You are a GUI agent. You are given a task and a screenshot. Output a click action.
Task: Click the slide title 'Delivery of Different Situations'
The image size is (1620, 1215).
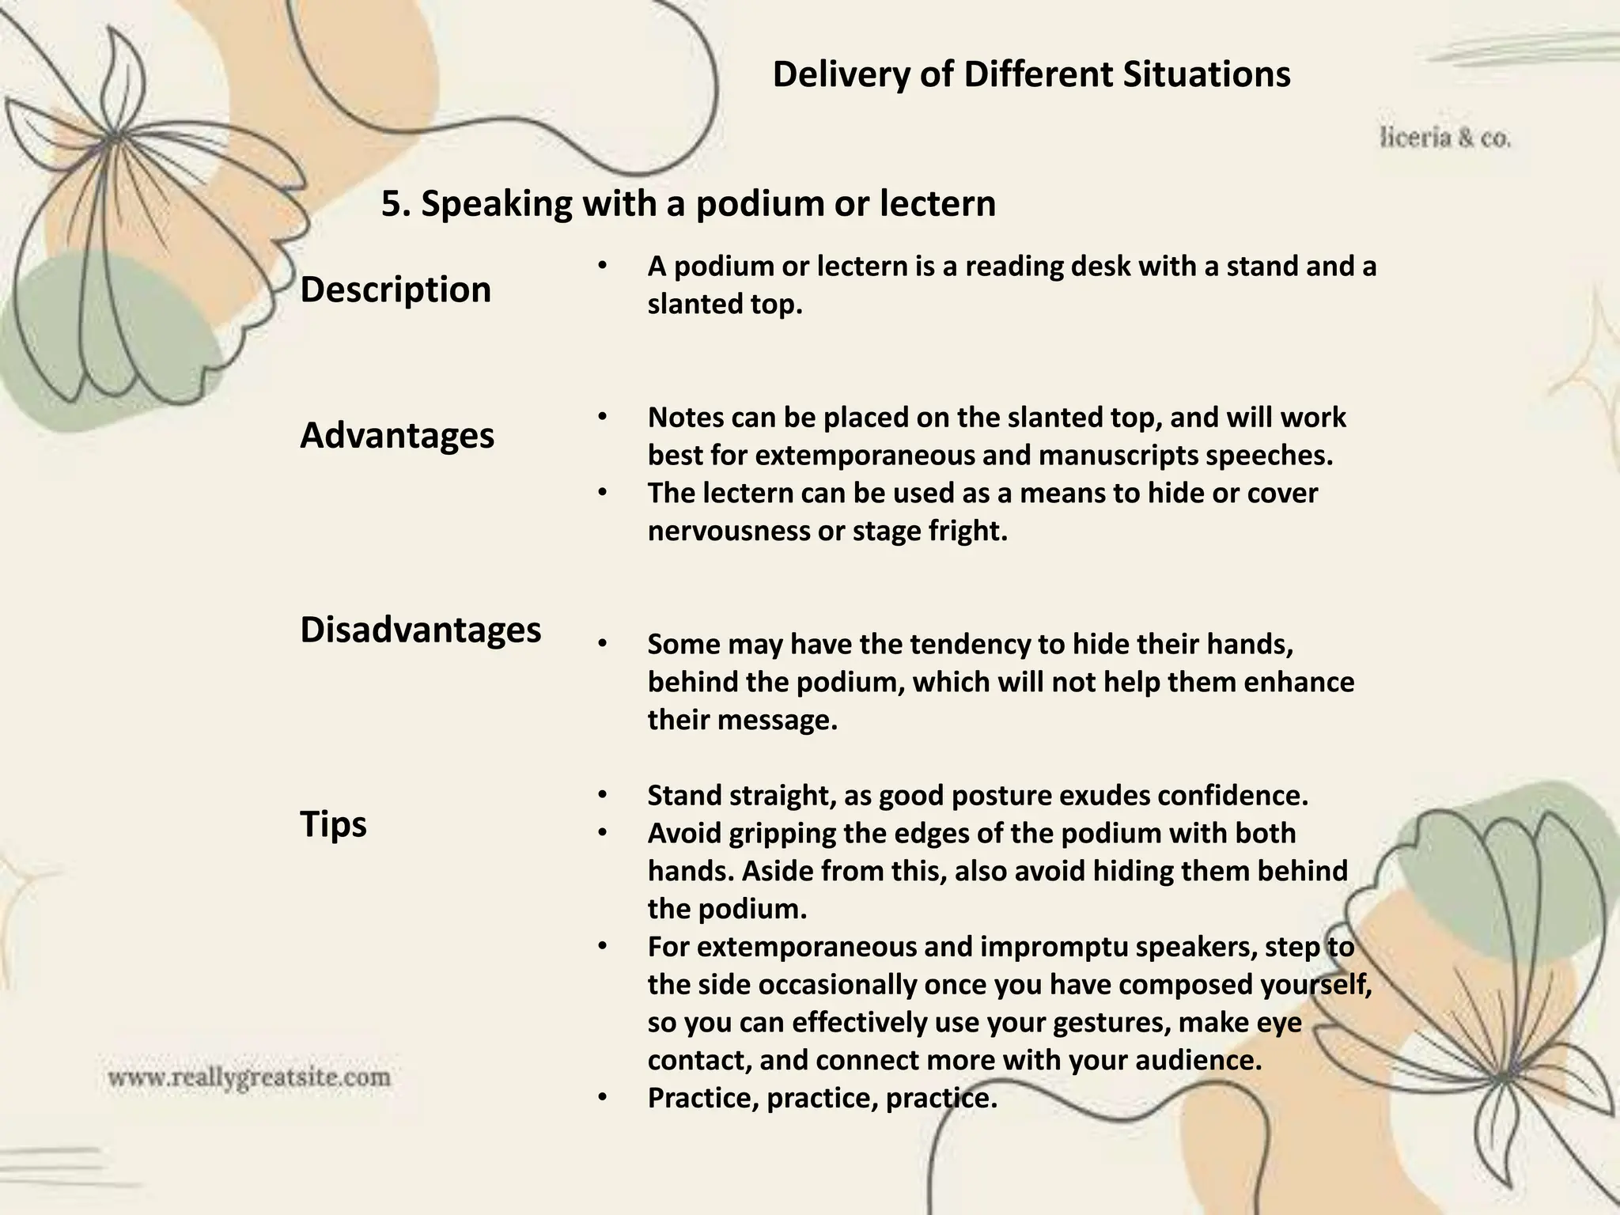pos(1031,75)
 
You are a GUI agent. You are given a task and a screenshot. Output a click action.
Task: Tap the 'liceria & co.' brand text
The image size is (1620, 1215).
pos(1445,138)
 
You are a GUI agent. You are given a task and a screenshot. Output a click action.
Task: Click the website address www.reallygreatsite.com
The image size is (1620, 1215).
pos(249,1077)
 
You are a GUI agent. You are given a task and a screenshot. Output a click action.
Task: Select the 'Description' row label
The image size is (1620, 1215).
pos(396,290)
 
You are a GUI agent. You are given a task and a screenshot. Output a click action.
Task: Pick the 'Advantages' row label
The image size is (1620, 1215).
pos(397,436)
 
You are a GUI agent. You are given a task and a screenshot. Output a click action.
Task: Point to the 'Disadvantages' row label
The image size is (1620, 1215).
pos(421,630)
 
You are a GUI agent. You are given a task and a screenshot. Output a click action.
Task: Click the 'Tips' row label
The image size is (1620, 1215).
pos(334,824)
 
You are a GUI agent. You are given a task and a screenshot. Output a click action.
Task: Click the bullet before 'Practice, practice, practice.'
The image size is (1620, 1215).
pos(602,1098)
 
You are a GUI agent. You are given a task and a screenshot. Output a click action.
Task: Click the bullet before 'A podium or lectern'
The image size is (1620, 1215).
pos(602,267)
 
